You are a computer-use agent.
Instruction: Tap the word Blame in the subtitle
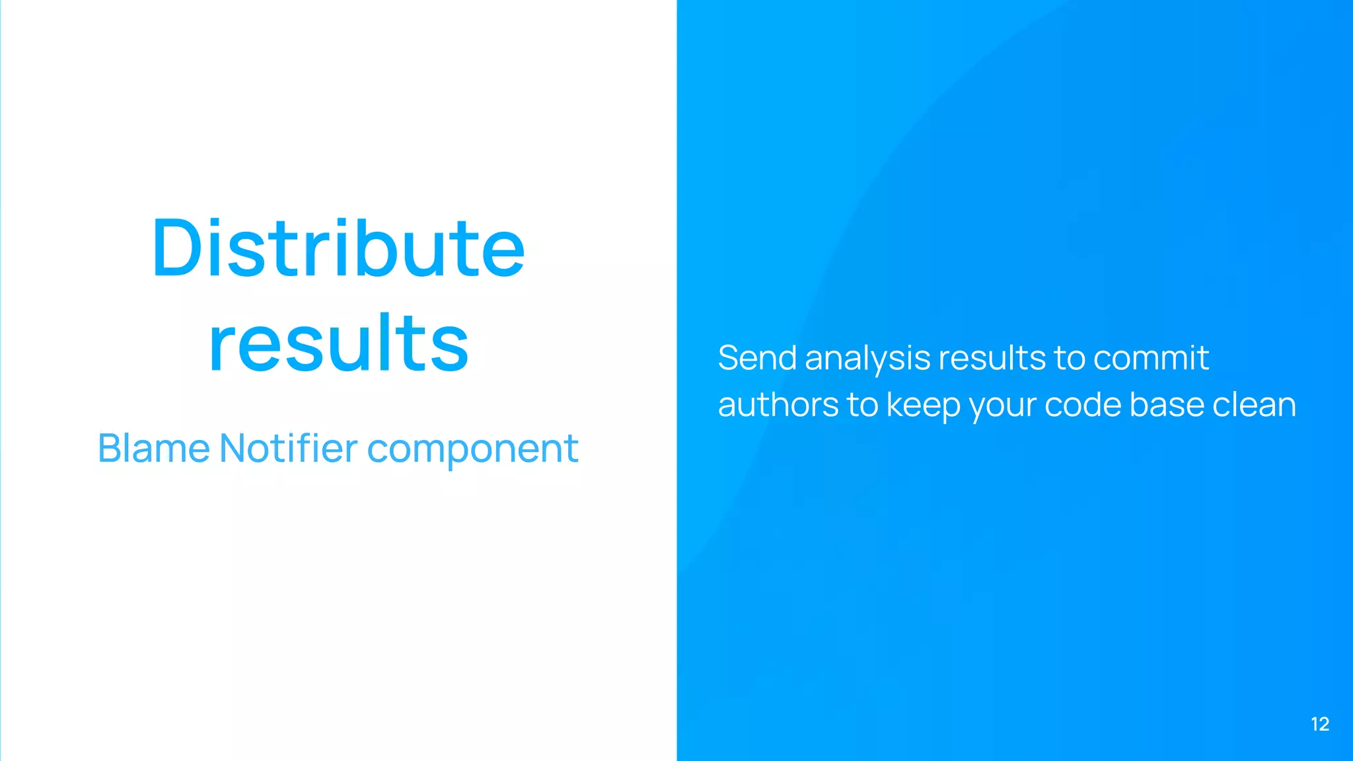tap(153, 449)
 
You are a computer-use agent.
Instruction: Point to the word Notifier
tap(288, 449)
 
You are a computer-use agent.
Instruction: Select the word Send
tap(757, 358)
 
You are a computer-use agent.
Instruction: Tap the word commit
tap(1151, 358)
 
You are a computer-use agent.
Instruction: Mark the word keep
tap(923, 406)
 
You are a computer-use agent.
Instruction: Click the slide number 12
tap(1320, 724)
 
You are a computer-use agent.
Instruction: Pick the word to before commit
tap(1070, 359)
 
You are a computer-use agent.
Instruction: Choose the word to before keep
tap(862, 406)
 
